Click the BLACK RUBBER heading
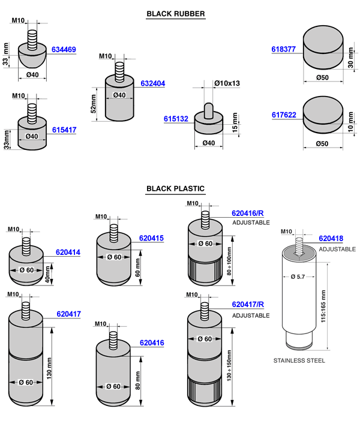[x=176, y=14]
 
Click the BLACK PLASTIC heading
[x=176, y=189]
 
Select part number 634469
[x=64, y=50]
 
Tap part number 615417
[x=64, y=130]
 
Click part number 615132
[x=176, y=119]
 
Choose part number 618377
[x=283, y=50]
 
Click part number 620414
[x=68, y=252]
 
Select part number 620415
[x=152, y=238]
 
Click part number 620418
[x=331, y=239]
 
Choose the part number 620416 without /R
[x=152, y=342]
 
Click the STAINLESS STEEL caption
[x=299, y=360]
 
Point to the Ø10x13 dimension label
[x=227, y=83]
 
